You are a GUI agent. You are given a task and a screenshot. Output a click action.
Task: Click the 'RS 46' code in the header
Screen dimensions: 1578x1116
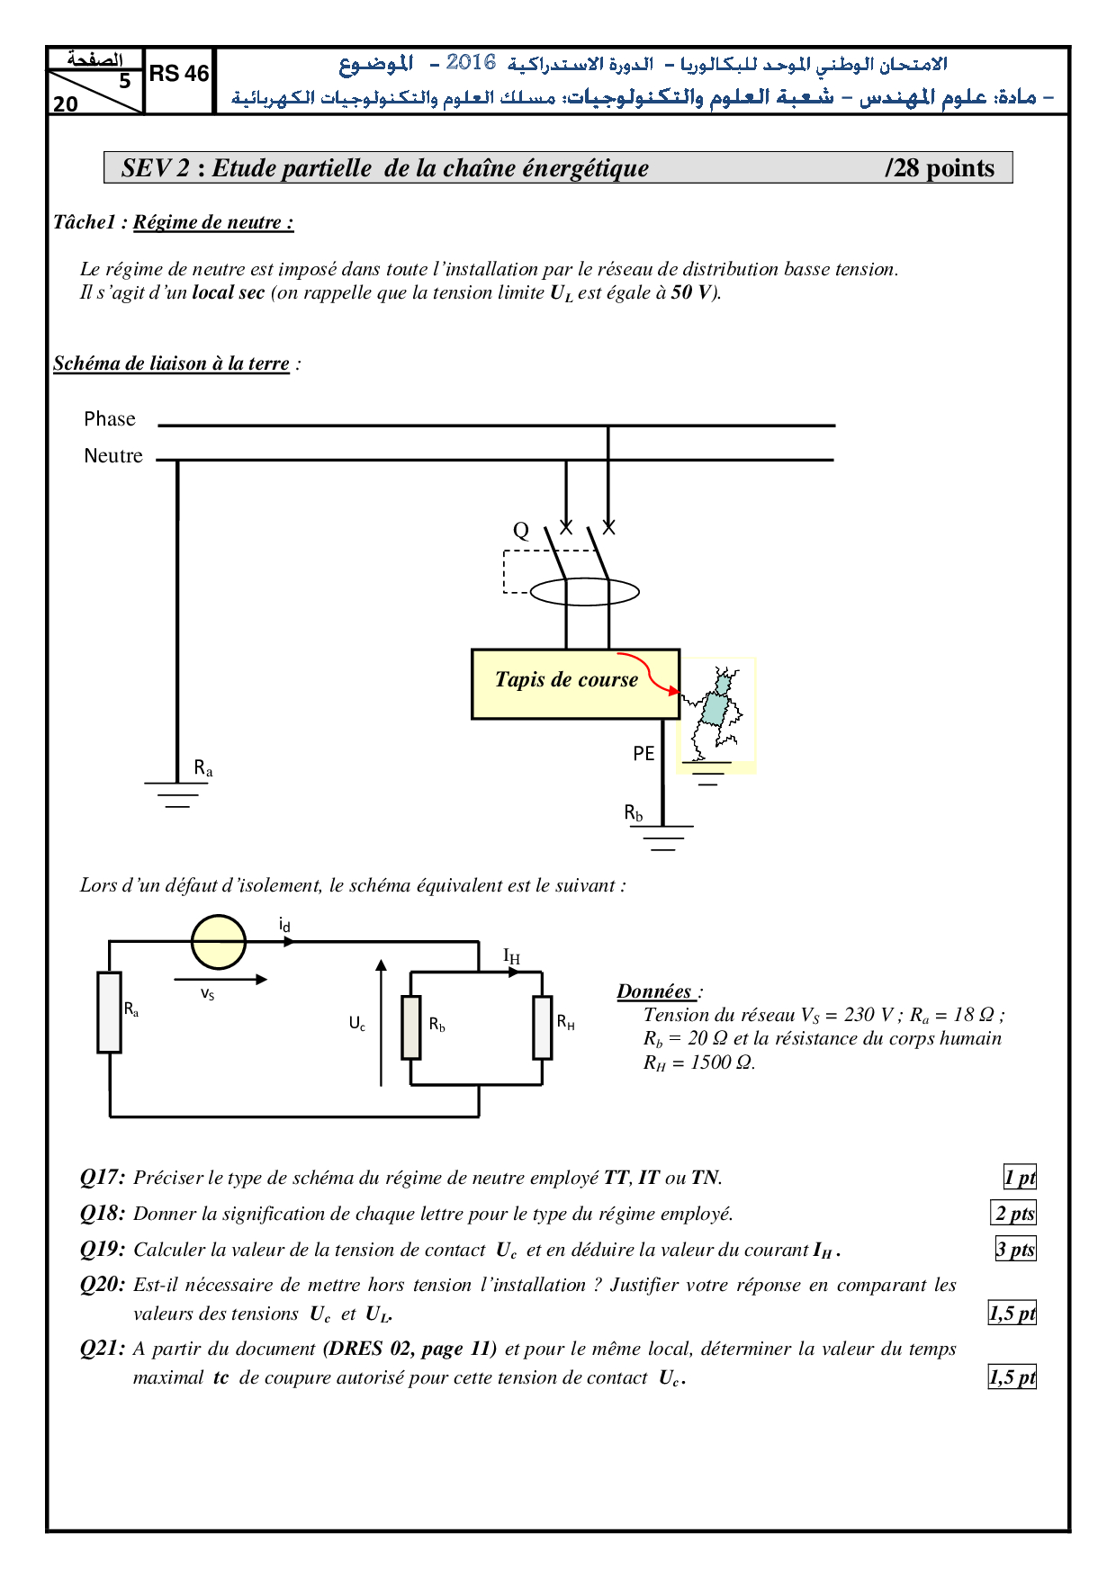[178, 74]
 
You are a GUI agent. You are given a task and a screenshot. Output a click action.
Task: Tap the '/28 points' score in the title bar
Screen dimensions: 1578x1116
[940, 168]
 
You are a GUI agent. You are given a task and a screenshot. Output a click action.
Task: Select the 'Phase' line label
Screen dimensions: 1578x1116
[110, 419]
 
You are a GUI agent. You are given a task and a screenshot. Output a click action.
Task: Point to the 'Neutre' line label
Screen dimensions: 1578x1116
[113, 456]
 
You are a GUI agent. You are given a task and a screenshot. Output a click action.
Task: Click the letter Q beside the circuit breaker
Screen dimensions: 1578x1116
[521, 531]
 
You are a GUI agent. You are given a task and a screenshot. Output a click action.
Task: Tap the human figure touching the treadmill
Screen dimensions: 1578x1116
[716, 711]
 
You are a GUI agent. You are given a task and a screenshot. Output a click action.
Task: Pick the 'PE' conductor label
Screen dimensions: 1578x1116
[643, 754]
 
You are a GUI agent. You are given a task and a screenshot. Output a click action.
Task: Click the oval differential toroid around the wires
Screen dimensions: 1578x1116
[585, 592]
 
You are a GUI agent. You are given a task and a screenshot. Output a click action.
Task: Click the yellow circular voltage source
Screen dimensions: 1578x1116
[219, 942]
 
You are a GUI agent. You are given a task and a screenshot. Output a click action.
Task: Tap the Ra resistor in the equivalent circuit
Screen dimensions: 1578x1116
[110, 1012]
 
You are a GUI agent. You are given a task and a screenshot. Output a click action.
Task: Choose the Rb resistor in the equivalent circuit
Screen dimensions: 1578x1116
[411, 1027]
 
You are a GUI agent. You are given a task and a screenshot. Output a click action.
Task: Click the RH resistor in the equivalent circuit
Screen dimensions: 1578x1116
[542, 1027]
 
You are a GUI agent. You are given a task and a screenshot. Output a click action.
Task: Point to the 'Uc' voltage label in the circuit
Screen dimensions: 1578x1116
[357, 1024]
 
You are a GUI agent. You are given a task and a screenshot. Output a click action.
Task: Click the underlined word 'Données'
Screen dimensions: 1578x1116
[654, 991]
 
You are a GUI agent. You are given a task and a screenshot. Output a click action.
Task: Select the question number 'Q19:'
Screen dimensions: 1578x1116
[103, 1250]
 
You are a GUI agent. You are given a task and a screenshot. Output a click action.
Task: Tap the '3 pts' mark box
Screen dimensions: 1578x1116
[1015, 1250]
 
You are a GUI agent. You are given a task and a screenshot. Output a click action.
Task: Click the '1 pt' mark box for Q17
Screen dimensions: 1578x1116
[1020, 1178]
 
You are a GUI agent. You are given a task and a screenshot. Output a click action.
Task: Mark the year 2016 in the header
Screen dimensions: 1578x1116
[471, 62]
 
